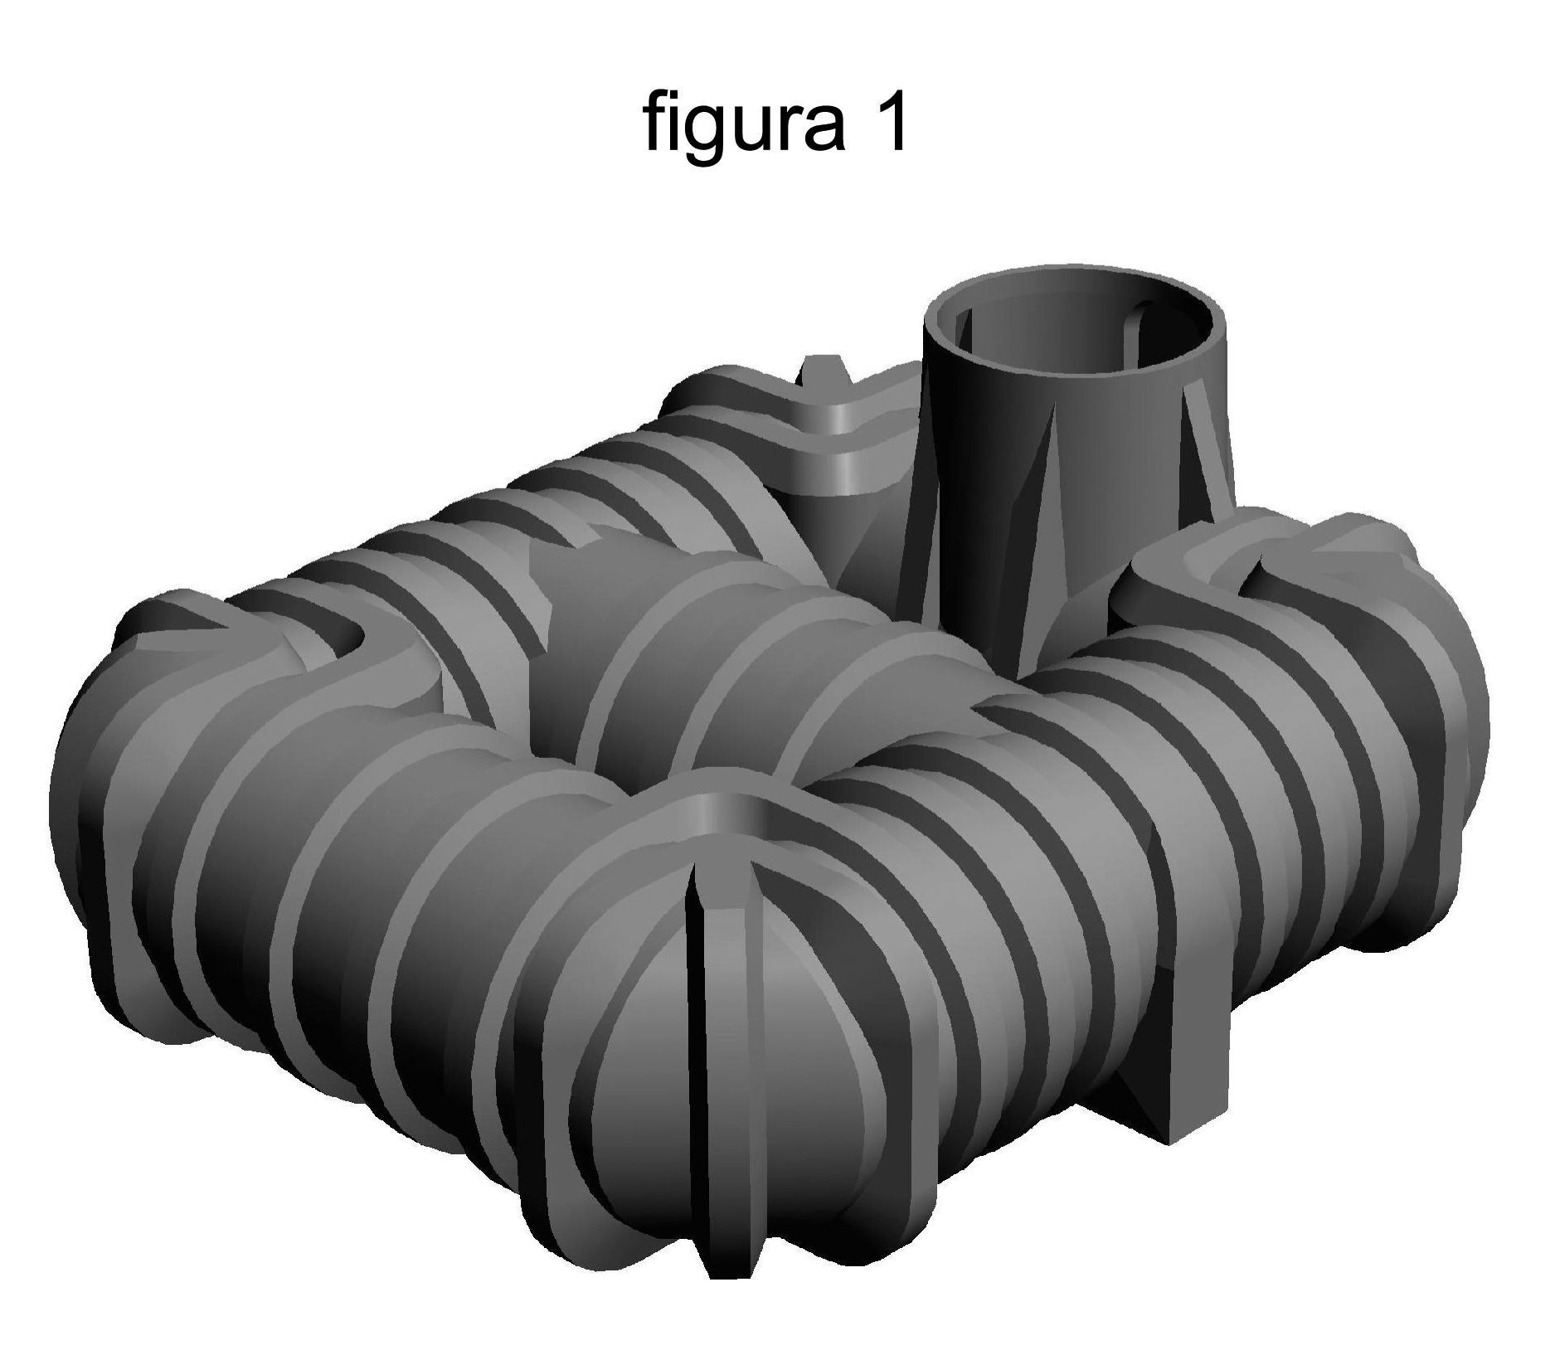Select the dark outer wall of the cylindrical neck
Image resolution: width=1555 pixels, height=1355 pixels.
coord(987,464)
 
